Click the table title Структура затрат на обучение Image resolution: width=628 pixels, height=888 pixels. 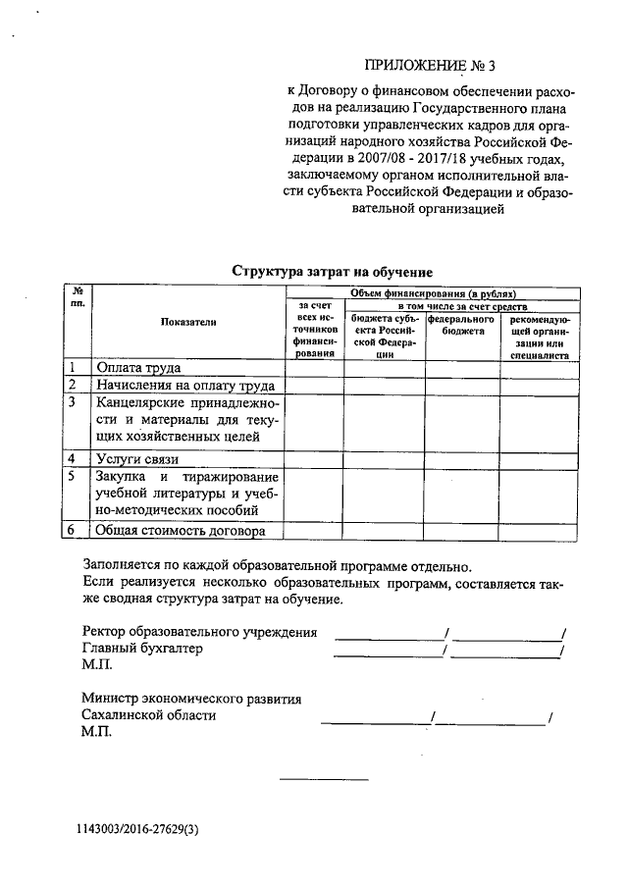(332, 271)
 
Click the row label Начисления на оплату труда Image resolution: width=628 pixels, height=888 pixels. (184, 386)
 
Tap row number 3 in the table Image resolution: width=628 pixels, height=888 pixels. (73, 402)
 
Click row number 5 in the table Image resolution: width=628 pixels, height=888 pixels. (73, 476)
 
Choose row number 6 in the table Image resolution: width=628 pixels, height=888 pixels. (73, 531)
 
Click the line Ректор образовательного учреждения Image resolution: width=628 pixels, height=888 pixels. (199, 631)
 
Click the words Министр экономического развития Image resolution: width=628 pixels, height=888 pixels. (191, 699)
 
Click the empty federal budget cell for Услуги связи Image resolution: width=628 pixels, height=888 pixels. (462, 458)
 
